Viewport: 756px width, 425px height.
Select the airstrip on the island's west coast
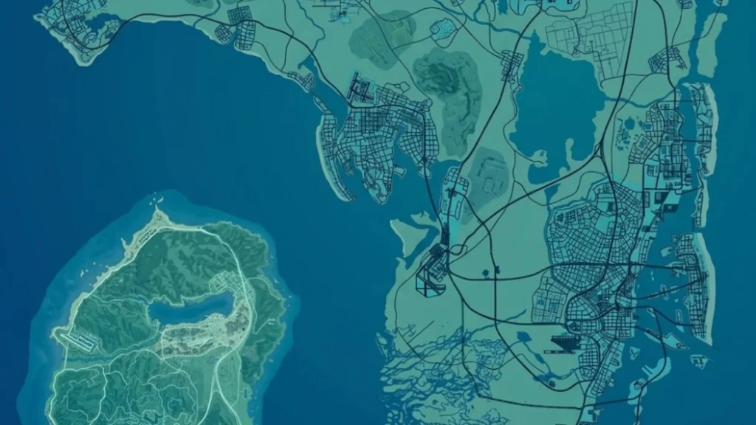tap(81, 341)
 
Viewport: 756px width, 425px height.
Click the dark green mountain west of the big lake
tap(447, 85)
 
